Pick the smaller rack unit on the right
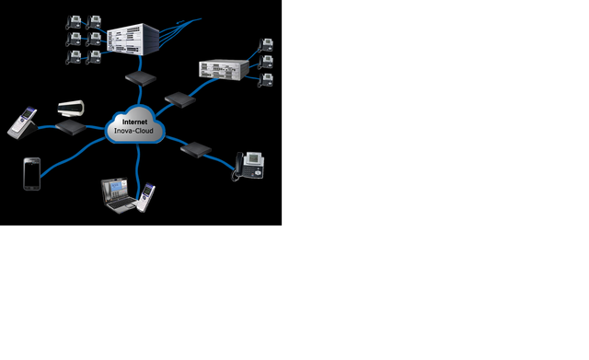pyautogui.click(x=223, y=70)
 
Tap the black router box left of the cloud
pyautogui.click(x=70, y=126)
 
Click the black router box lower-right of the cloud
pyautogui.click(x=196, y=147)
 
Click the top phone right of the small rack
pyautogui.click(x=266, y=45)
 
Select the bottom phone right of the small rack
pyautogui.click(x=266, y=79)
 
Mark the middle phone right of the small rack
pyautogui.click(x=267, y=63)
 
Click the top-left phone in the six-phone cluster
pyautogui.click(x=73, y=21)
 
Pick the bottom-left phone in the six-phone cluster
pyautogui.click(x=73, y=58)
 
